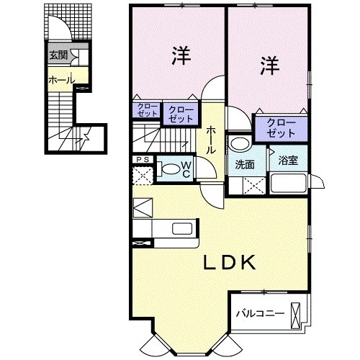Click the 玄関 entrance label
pyautogui.click(x=58, y=55)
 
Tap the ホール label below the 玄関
pyautogui.click(x=60, y=79)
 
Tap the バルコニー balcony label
pyautogui.click(x=261, y=313)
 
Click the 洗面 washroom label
pyautogui.click(x=244, y=163)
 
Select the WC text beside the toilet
pyautogui.click(x=186, y=169)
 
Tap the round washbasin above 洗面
pyautogui.click(x=238, y=143)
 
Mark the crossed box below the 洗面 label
pyautogui.click(x=255, y=184)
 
